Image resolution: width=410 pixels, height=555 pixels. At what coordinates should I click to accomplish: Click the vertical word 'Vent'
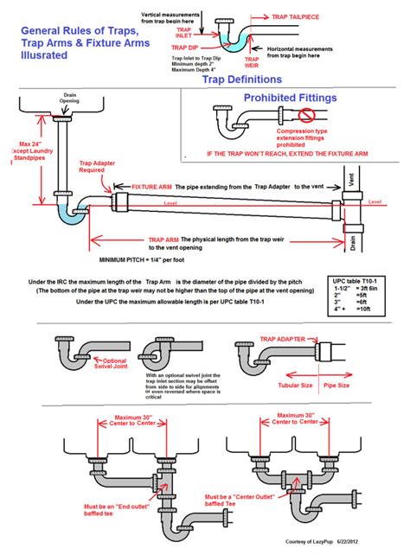pyautogui.click(x=350, y=182)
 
